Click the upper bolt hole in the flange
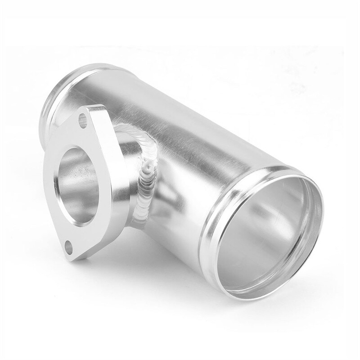click(x=82, y=120)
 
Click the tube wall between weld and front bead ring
click(x=180, y=193)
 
